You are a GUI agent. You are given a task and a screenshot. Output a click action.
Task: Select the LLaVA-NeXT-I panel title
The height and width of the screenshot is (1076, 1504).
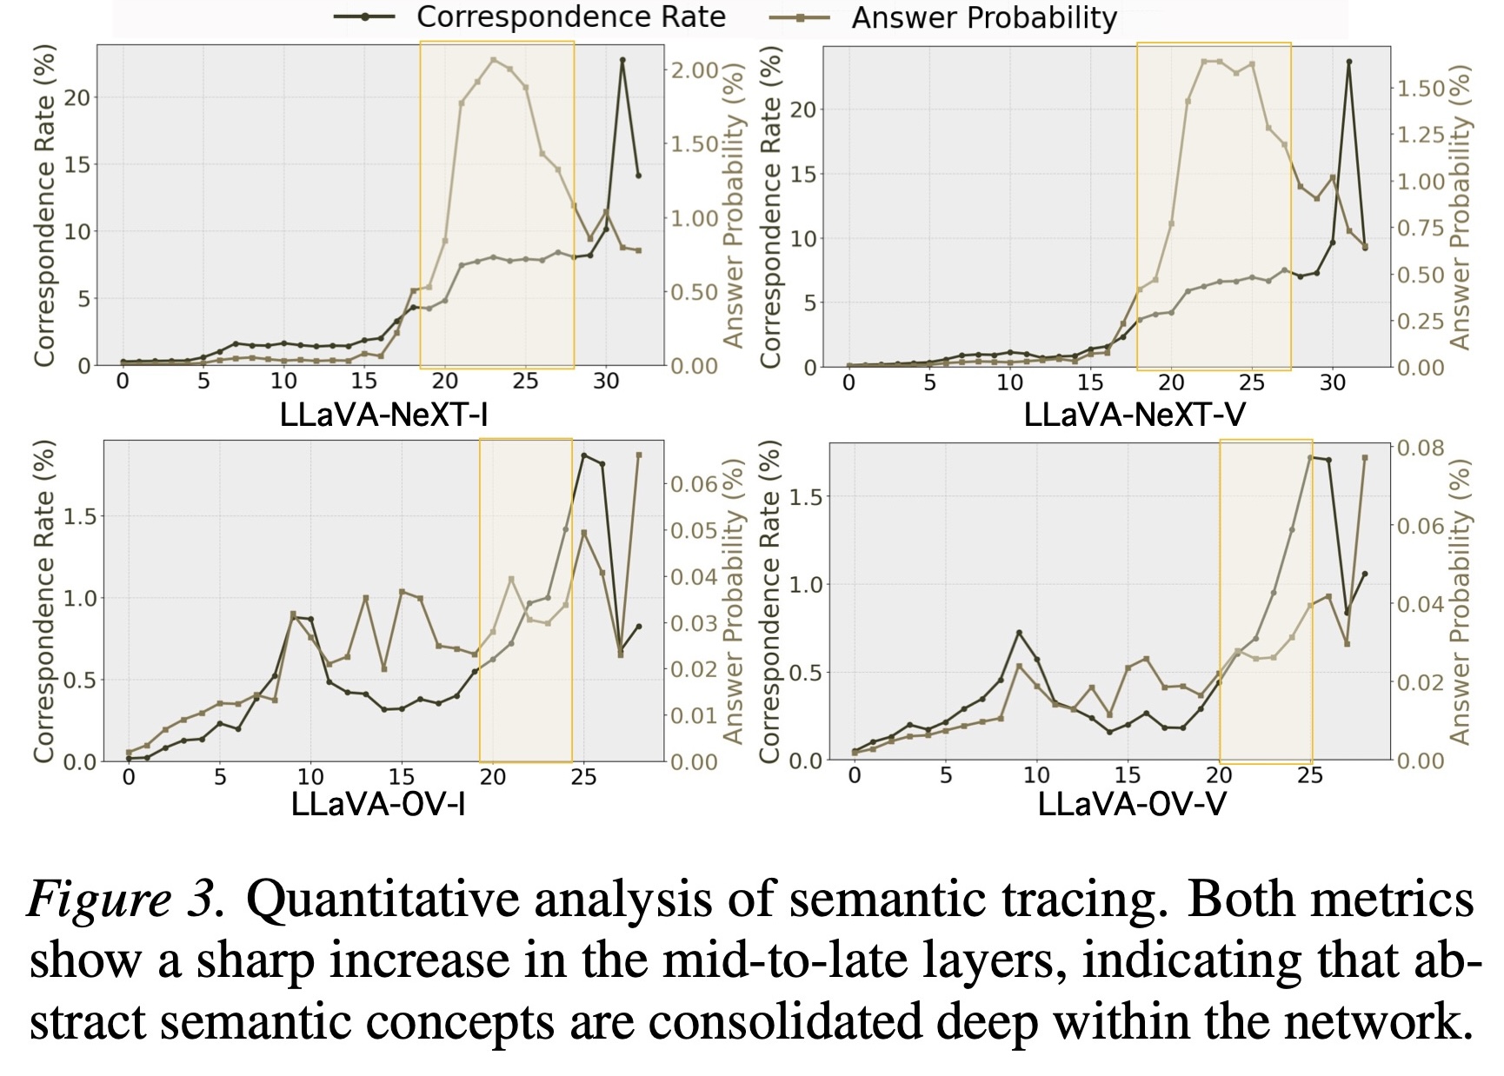click(x=383, y=415)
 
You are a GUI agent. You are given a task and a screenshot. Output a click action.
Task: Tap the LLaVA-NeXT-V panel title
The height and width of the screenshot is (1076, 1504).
click(x=1134, y=415)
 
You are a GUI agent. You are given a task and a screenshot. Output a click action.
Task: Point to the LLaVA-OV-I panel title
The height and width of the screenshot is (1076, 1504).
click(x=378, y=805)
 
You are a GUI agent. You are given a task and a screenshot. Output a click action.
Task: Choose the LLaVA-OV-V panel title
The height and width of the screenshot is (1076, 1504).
click(x=1131, y=805)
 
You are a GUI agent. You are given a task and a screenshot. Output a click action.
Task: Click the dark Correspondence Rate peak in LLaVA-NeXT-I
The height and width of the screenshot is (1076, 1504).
click(x=622, y=60)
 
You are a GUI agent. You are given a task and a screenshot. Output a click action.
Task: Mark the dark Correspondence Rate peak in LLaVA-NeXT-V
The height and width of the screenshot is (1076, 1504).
click(x=1349, y=62)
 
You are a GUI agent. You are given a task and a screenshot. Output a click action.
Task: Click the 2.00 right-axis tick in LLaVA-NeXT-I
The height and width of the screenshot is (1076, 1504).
click(x=695, y=70)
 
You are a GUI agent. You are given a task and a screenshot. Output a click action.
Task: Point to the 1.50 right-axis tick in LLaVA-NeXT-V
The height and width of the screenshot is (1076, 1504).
click(x=1420, y=88)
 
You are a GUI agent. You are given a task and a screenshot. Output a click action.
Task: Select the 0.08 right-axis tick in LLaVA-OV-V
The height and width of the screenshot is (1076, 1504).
click(x=1420, y=448)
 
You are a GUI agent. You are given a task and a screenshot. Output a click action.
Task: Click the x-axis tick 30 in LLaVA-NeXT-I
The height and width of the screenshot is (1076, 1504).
click(x=606, y=382)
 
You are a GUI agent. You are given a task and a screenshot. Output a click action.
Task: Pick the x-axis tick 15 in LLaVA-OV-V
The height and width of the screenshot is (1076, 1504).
click(x=1128, y=775)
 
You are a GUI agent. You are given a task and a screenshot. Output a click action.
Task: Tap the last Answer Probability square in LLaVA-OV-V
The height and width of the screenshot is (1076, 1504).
click(x=1364, y=457)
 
